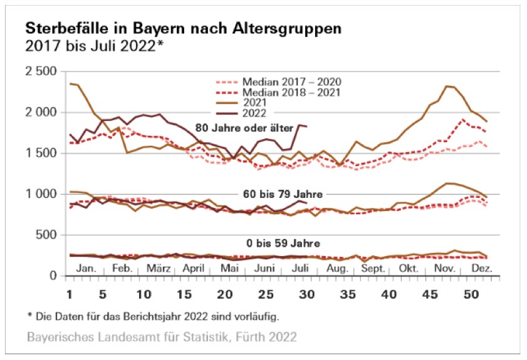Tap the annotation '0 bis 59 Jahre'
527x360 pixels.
click(x=282, y=244)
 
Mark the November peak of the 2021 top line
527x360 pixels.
click(x=446, y=86)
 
